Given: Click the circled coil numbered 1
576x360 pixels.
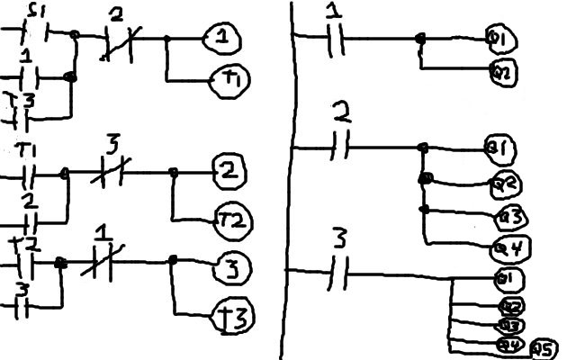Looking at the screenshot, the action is [219, 38].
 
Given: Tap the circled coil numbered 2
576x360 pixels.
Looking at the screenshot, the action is [228, 169].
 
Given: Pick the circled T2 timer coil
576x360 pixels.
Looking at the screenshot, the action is [232, 220].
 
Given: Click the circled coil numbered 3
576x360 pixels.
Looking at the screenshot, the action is [231, 267].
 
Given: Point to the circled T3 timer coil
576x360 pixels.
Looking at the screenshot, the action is [233, 317].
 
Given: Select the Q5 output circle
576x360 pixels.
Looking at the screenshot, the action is [544, 349].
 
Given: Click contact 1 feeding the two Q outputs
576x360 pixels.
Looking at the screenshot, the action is [335, 38].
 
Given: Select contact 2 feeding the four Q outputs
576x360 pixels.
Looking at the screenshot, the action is [339, 145].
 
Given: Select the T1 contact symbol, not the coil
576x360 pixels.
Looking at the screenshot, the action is [26, 171].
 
